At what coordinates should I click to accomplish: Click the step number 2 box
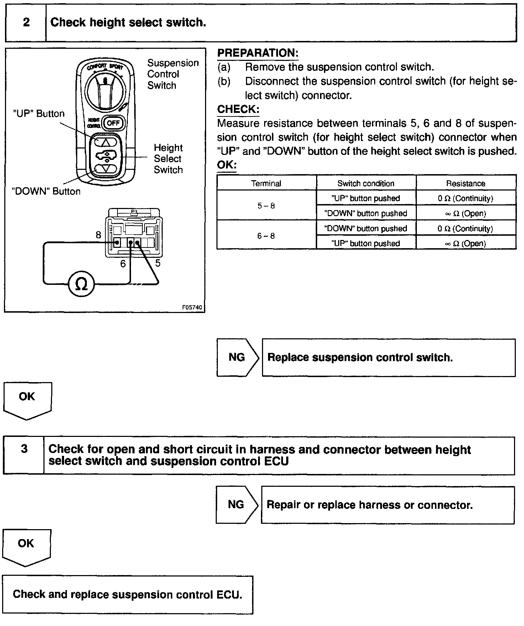click(26, 22)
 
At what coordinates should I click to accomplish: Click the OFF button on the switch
click(114, 123)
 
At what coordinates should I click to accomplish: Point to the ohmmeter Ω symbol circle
click(82, 284)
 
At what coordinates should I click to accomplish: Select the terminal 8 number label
click(98, 235)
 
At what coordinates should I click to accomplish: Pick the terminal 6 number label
click(123, 264)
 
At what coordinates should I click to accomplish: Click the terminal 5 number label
click(158, 263)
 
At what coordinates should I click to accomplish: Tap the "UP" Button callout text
click(39, 114)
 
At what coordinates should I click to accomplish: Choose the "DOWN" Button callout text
click(46, 191)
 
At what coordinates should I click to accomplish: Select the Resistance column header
click(466, 183)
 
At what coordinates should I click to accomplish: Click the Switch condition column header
click(366, 183)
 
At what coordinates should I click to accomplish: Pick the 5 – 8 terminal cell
click(266, 205)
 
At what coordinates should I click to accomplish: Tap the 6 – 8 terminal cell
click(266, 235)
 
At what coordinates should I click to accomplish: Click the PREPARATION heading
click(258, 53)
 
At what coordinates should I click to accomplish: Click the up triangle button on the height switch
click(106, 142)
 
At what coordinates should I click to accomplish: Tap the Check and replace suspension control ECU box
click(127, 594)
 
